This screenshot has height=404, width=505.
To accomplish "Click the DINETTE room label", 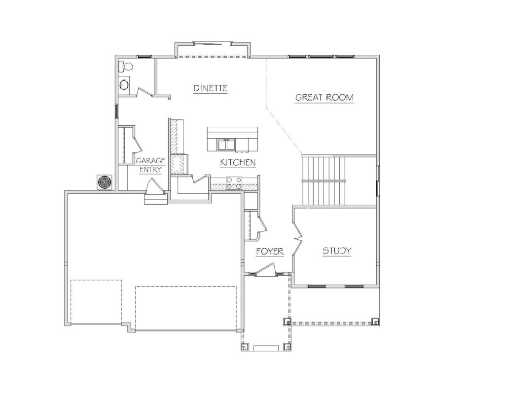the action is [x=210, y=88].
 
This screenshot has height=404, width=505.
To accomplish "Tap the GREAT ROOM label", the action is [x=325, y=97].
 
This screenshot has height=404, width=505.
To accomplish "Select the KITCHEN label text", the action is [x=238, y=162].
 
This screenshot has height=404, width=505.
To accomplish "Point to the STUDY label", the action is [x=337, y=251].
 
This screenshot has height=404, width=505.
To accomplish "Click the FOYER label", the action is [x=270, y=251].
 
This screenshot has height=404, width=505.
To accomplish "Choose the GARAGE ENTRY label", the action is [x=150, y=165].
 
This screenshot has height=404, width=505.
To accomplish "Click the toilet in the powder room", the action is [x=126, y=67].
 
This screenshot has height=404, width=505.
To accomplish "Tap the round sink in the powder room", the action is [x=124, y=85].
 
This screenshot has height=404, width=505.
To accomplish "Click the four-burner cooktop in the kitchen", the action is [x=234, y=184].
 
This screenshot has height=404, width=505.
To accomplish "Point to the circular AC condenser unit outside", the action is [x=105, y=183].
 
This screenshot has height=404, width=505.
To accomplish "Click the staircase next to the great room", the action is [x=324, y=181].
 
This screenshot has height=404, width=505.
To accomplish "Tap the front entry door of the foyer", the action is [x=266, y=269].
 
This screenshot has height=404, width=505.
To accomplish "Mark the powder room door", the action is [x=144, y=92].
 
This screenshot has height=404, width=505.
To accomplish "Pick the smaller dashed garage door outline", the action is [x=96, y=302].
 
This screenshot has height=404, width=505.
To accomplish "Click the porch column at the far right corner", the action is [x=375, y=322].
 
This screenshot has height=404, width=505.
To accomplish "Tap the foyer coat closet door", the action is [x=261, y=225].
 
